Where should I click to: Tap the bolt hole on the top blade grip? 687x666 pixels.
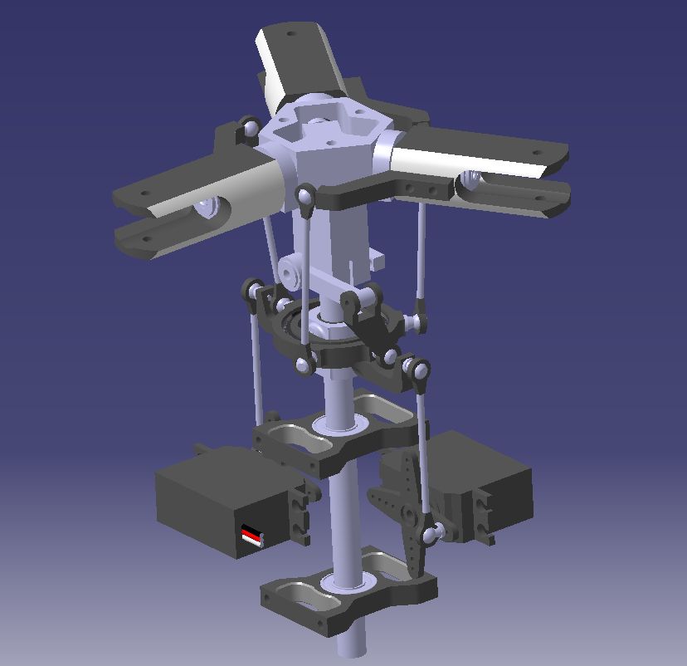coord(291,35)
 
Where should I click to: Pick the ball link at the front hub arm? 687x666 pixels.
coord(305,196)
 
